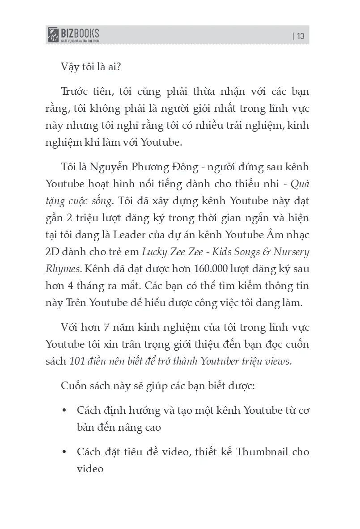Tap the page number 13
pos(300,36)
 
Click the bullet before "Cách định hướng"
pos(65,410)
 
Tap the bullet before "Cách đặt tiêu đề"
pos(65,452)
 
